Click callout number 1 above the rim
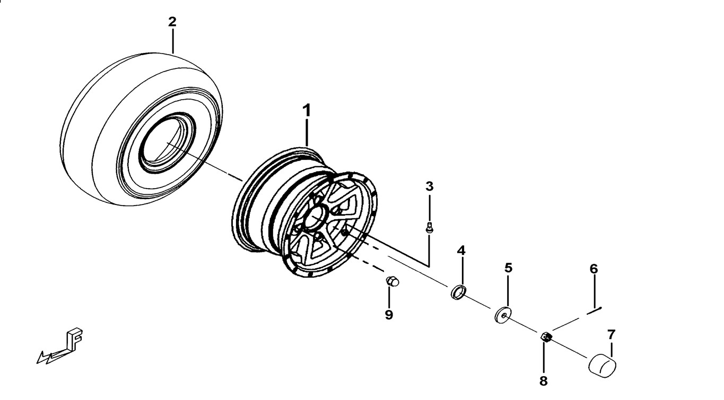[307, 111]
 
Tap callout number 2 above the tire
[172, 22]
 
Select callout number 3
[430, 186]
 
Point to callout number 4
[461, 250]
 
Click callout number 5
[508, 268]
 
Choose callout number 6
[594, 269]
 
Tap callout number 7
[611, 334]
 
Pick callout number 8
[544, 380]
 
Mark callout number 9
[389, 315]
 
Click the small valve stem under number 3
[430, 228]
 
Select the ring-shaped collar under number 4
[459, 292]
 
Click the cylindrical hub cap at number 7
[604, 366]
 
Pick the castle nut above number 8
[546, 337]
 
